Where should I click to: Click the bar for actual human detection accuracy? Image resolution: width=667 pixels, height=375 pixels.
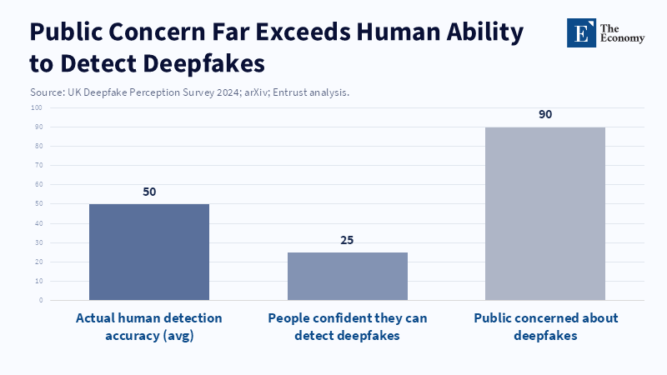click(149, 252)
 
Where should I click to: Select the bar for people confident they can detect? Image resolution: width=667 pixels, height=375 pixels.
click(348, 276)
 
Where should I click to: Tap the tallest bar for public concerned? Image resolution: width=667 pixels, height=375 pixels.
click(545, 213)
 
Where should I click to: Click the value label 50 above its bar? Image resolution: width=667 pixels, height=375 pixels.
click(149, 192)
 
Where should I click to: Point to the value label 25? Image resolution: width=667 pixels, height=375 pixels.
click(348, 240)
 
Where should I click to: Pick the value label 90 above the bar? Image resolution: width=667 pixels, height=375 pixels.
click(545, 115)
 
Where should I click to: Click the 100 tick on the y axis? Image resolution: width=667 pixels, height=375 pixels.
click(37, 108)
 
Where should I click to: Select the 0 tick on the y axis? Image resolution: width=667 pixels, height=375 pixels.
click(40, 300)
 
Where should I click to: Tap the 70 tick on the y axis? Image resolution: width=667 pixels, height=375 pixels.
click(38, 166)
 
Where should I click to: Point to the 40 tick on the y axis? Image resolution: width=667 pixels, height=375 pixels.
click(38, 223)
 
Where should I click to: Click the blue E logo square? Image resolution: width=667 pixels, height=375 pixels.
click(581, 32)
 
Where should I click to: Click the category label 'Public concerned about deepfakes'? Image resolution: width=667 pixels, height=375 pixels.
click(545, 326)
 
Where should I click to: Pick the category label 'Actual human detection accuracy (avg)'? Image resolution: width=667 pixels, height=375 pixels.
click(149, 326)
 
